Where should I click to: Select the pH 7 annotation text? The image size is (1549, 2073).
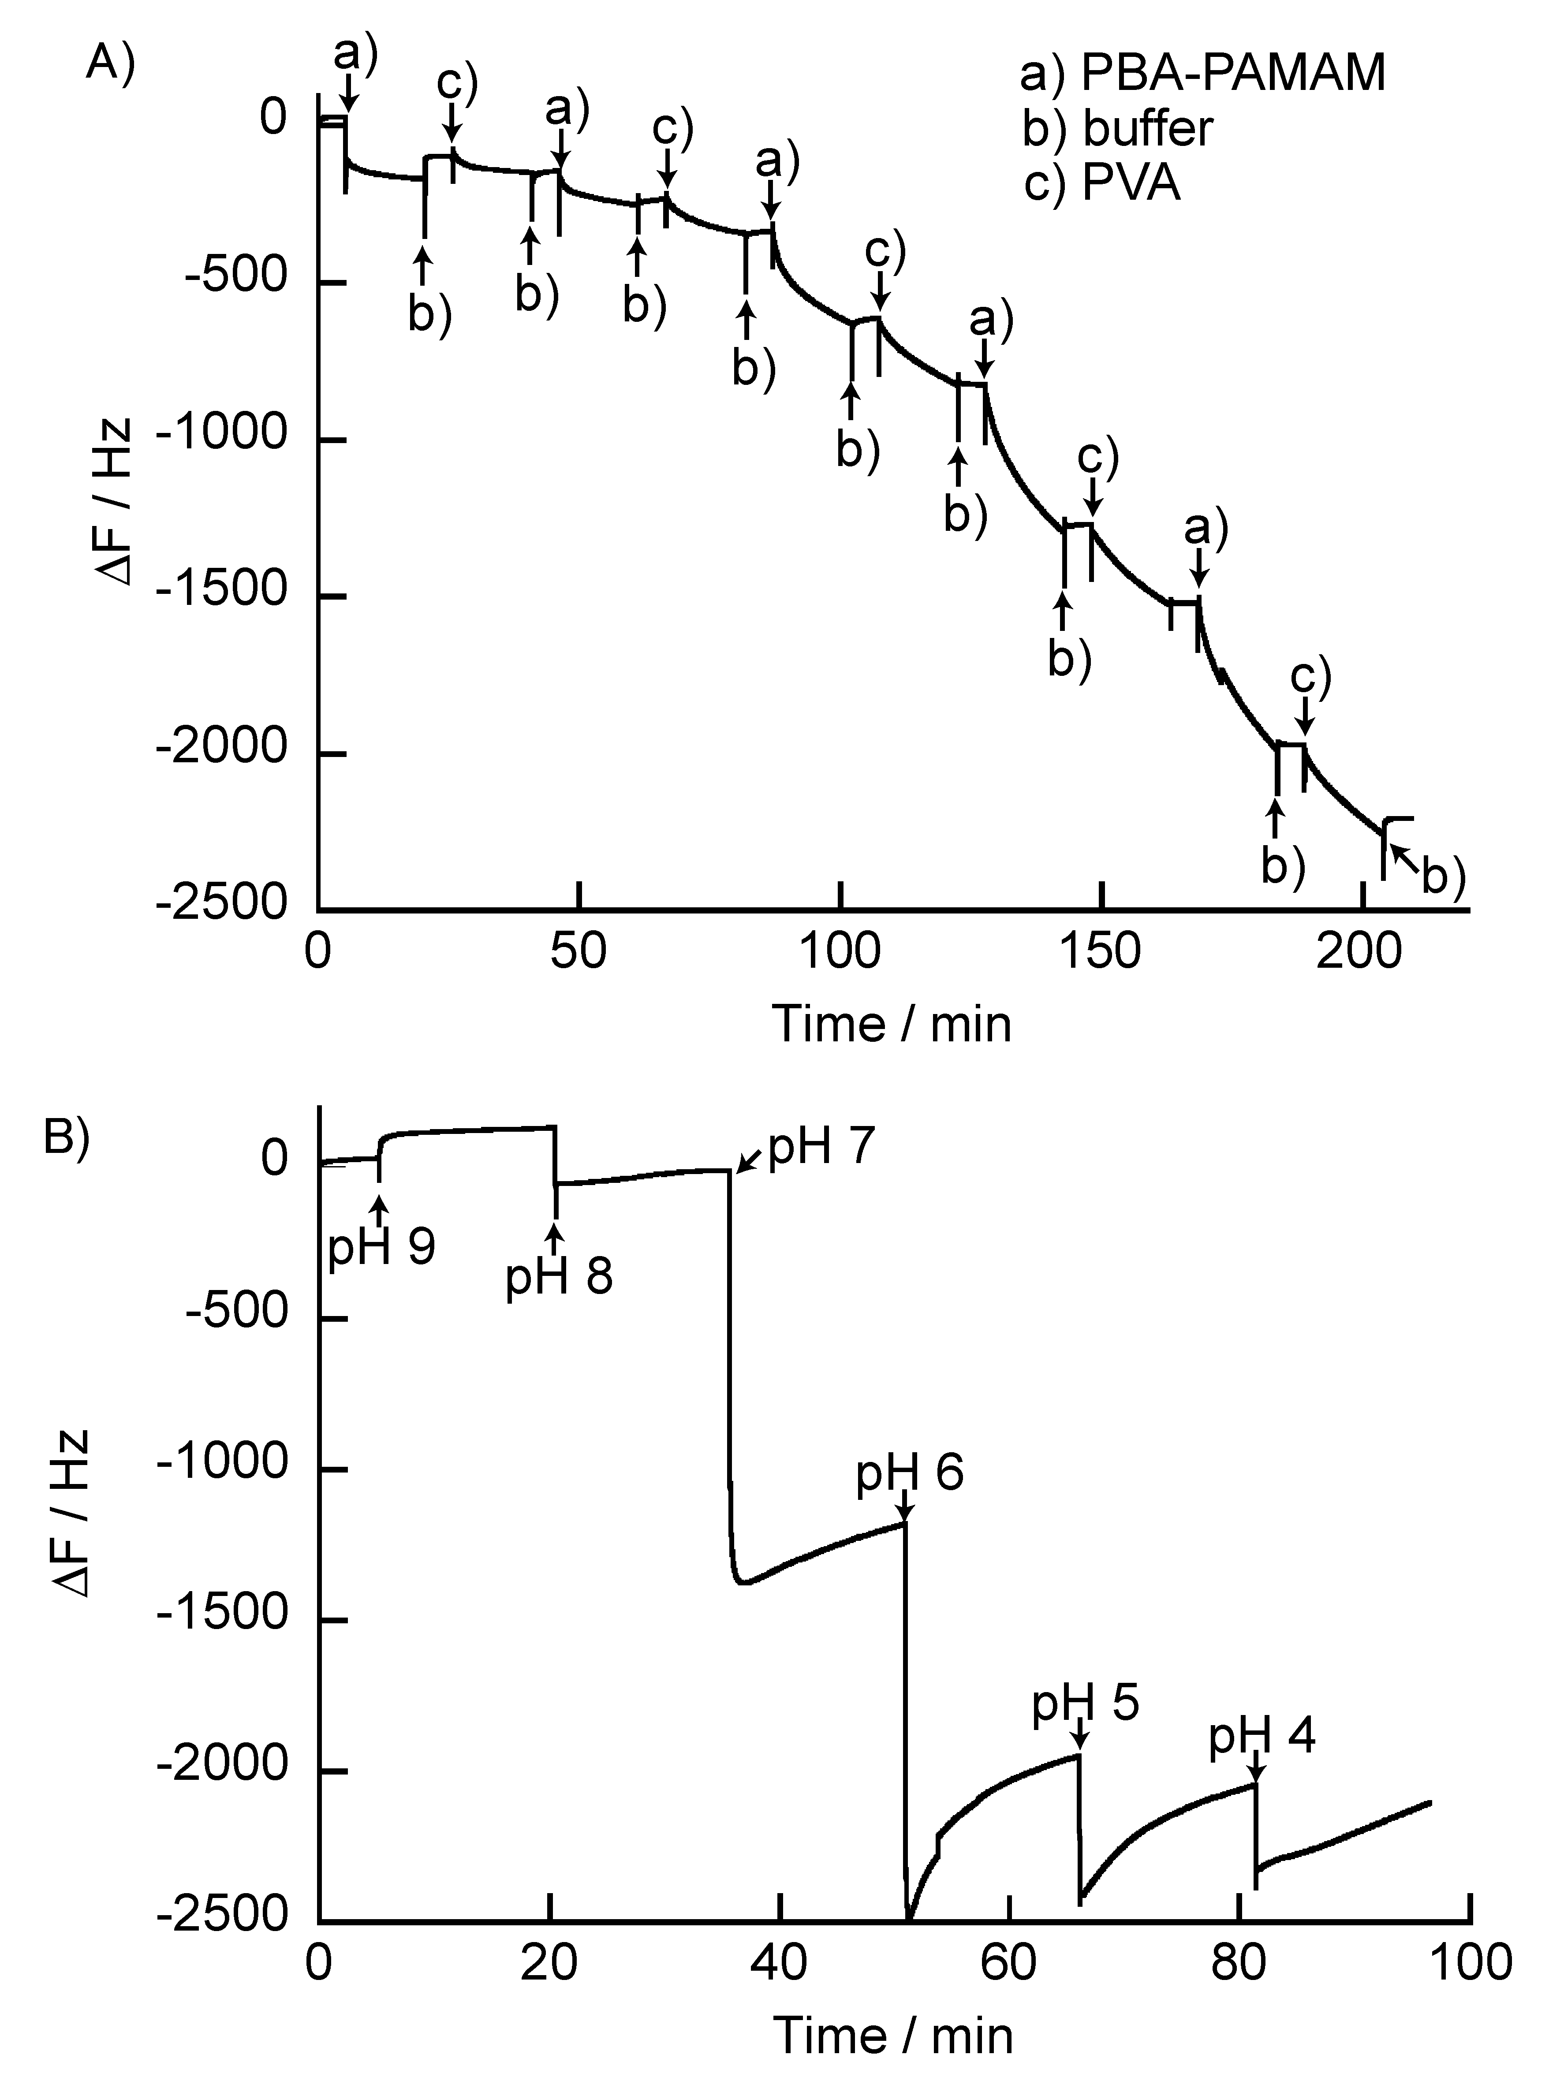[x=822, y=1145]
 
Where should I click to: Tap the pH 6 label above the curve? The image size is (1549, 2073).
[x=909, y=1472]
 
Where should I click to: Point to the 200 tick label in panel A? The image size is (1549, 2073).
[x=1359, y=951]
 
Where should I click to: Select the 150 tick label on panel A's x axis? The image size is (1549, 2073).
[x=1099, y=951]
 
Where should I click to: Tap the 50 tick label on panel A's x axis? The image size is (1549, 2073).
[x=579, y=951]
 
